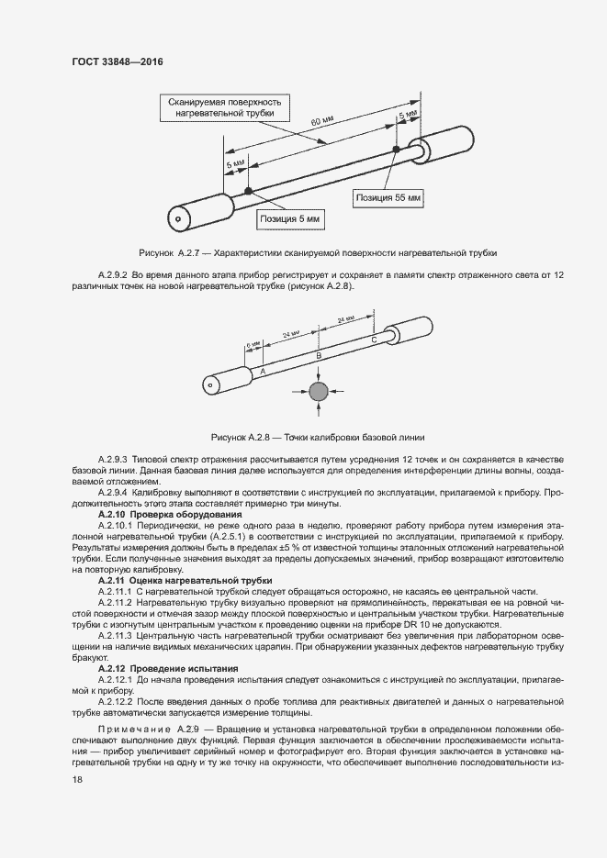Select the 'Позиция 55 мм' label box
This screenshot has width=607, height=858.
(x=388, y=196)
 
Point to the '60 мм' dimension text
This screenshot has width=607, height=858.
(x=320, y=122)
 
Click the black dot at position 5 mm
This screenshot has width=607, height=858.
(x=249, y=190)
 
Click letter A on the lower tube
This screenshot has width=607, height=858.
(x=263, y=370)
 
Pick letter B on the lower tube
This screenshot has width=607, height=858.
(x=319, y=354)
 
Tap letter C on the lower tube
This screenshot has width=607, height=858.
(x=373, y=339)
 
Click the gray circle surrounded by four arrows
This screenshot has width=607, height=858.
(x=318, y=393)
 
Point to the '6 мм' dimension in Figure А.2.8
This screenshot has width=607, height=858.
(x=253, y=346)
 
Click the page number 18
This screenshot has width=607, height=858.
(x=77, y=780)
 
